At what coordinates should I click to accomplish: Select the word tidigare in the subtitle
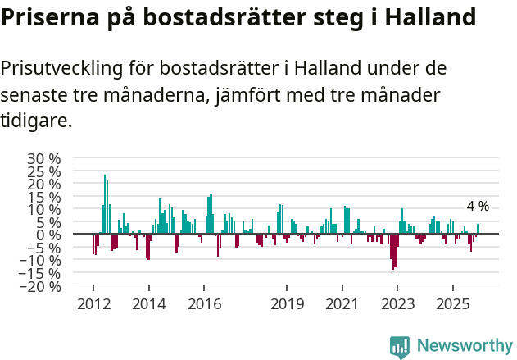[x=36, y=121]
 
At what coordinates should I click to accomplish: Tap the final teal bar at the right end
[x=478, y=229]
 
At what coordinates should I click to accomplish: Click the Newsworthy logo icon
[x=400, y=347]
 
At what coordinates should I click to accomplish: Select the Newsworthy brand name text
[x=464, y=346]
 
